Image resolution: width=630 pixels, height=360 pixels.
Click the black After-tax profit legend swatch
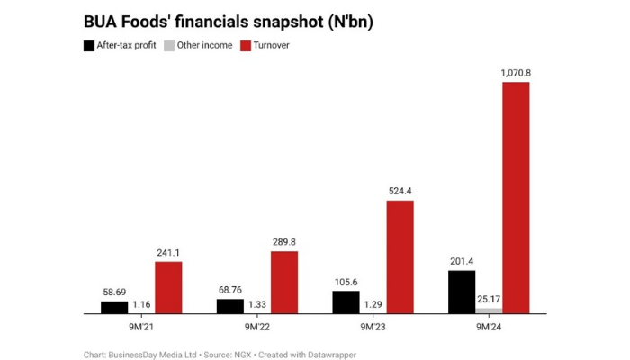(x=88, y=45)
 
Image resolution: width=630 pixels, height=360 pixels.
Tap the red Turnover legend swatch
(x=247, y=45)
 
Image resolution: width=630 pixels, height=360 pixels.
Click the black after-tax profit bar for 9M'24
(x=462, y=292)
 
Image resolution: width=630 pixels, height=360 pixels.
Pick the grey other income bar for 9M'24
(x=489, y=310)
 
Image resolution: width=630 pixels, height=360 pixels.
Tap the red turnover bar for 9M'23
(x=400, y=257)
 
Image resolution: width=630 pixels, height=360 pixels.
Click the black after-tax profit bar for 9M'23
(x=346, y=302)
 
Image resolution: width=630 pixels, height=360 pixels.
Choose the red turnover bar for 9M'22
(x=284, y=283)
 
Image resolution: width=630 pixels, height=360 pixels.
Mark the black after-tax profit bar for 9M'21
(x=114, y=307)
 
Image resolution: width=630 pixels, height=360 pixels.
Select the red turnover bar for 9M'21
(x=168, y=288)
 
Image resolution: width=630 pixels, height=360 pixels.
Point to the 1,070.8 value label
(x=516, y=72)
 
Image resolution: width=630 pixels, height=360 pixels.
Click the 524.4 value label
(x=400, y=191)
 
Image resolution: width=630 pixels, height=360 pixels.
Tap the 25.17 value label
(x=489, y=299)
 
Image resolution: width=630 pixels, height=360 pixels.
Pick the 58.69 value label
(x=114, y=292)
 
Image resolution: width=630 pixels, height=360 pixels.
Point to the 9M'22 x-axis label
(x=257, y=328)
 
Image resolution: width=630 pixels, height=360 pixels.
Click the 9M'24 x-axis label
(x=489, y=328)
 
